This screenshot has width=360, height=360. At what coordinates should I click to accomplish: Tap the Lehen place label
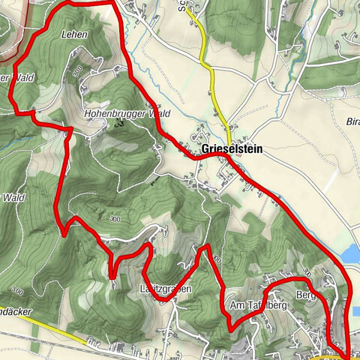coord(75,34)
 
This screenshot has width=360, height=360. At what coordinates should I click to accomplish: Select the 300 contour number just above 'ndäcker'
coord(16,290)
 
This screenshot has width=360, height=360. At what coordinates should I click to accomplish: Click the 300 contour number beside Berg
coord(306,271)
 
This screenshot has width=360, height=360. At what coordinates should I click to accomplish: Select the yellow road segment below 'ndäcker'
coord(45,327)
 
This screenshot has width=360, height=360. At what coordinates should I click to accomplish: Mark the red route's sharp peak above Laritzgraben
coord(203,246)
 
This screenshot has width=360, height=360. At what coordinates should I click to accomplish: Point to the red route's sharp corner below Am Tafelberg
coord(229,327)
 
